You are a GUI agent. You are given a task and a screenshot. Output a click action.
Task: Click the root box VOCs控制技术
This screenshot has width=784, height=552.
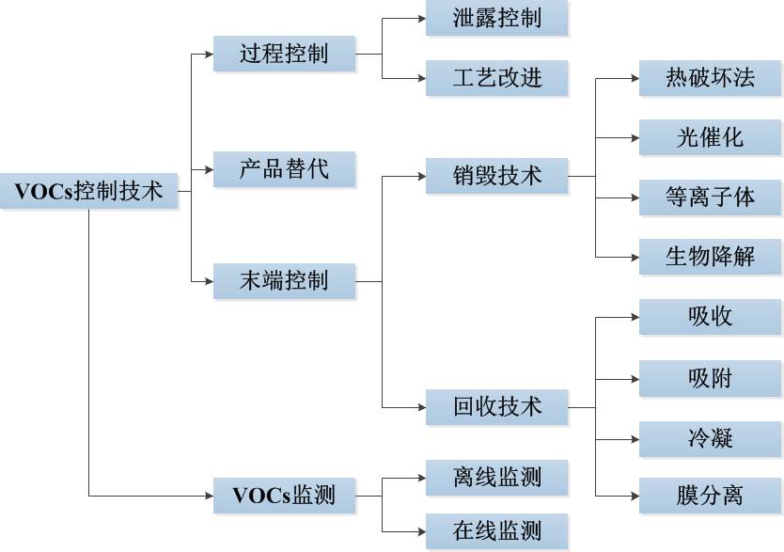click(x=88, y=191)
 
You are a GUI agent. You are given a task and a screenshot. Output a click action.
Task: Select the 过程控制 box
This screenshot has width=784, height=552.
click(x=284, y=54)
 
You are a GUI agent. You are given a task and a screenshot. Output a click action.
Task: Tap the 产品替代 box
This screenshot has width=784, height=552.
click(x=284, y=169)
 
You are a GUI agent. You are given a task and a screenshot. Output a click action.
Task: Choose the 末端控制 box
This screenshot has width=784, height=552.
click(x=284, y=279)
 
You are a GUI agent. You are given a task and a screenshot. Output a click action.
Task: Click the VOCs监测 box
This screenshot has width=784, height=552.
click(x=284, y=495)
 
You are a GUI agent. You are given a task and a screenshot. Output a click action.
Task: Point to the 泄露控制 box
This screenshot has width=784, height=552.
click(x=496, y=19)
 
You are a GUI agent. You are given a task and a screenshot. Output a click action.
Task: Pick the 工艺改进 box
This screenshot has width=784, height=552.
click(x=496, y=77)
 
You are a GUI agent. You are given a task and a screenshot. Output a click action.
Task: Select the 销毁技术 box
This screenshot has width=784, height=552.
click(x=496, y=175)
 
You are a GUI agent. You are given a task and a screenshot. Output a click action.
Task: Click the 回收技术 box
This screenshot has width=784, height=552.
click(x=496, y=406)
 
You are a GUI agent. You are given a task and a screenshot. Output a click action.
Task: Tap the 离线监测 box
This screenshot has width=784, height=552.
click(x=496, y=477)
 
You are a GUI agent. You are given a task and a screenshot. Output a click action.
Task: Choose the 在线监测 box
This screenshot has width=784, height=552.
click(x=496, y=530)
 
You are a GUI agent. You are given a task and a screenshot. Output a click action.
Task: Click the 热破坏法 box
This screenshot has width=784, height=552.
click(x=710, y=77)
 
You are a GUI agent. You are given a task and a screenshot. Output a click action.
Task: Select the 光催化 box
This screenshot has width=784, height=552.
click(x=710, y=137)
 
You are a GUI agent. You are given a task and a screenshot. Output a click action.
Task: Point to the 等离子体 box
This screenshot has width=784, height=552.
click(x=710, y=197)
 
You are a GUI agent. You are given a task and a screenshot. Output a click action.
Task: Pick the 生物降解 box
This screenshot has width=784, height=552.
click(x=710, y=256)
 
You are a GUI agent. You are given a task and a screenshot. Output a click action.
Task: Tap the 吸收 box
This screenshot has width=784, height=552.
click(x=710, y=317)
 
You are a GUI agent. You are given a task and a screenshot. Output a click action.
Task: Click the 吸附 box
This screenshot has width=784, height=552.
click(x=710, y=378)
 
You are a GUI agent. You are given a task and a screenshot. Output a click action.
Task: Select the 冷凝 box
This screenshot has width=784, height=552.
click(x=710, y=438)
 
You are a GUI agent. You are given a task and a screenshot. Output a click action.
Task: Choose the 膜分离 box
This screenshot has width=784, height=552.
click(x=710, y=495)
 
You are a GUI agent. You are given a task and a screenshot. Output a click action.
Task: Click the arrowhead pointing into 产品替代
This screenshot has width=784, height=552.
click(x=209, y=170)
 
